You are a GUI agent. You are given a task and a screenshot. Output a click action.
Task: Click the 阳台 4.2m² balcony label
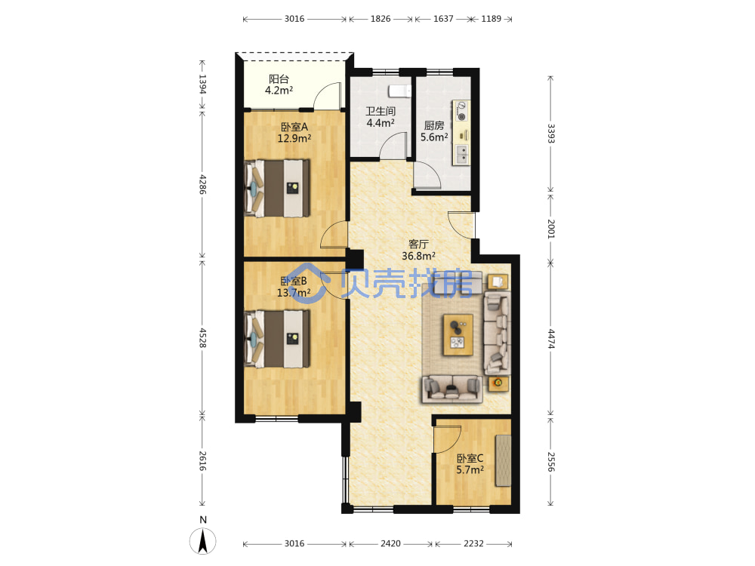[279, 85]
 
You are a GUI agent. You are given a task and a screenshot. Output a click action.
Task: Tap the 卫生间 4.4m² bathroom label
[381, 117]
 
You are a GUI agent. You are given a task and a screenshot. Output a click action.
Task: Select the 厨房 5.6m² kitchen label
[434, 131]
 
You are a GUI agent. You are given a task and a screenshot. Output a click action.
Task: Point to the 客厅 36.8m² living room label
[418, 251]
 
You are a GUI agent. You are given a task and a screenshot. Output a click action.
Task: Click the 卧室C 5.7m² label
[470, 464]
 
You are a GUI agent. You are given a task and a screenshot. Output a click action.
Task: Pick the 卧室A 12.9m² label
[294, 132]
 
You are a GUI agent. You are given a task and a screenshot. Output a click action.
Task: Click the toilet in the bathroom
[399, 91]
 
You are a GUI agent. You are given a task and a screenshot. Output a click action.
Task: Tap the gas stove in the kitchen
[461, 111]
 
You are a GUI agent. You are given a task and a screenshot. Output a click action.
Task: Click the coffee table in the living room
[458, 335]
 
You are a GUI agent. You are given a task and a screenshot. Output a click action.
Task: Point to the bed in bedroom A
[277, 188]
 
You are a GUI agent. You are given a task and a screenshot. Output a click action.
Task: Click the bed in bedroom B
[277, 339]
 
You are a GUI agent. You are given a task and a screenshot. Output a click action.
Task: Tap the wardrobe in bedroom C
[503, 460]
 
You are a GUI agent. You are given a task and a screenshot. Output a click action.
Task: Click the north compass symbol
[202, 540]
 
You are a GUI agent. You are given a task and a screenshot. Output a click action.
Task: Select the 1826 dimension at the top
[381, 19]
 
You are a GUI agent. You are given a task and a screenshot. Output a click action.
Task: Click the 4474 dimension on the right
[551, 339]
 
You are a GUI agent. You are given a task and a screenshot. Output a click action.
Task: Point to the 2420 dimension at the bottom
[390, 543]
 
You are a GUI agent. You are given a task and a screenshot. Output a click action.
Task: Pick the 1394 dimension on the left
[202, 85]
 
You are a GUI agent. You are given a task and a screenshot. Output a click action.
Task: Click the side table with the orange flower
[498, 383]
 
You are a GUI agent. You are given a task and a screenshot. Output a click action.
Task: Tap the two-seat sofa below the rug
[452, 389]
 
